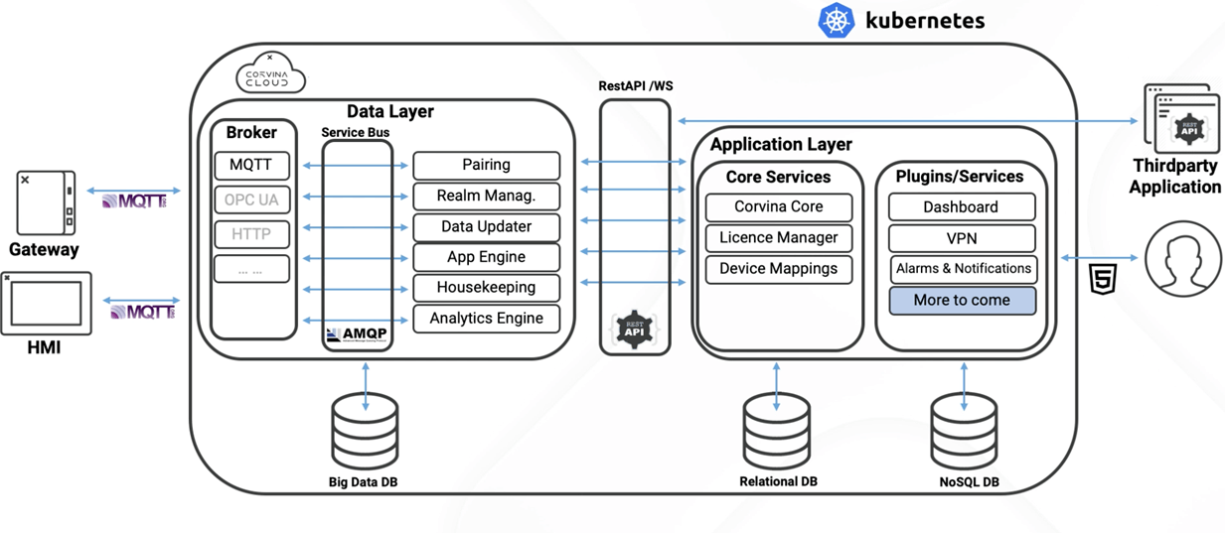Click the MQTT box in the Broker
pyautogui.click(x=251, y=165)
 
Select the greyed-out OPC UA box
pyautogui.click(x=251, y=200)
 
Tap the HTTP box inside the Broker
pyautogui.click(x=251, y=234)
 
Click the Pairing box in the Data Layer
pyautogui.click(x=486, y=165)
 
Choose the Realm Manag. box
pyautogui.click(x=486, y=196)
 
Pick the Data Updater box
pyautogui.click(x=486, y=226)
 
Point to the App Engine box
pyautogui.click(x=486, y=257)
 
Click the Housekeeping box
pyautogui.click(x=486, y=288)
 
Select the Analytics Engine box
pyautogui.click(x=486, y=319)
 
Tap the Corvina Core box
pyautogui.click(x=778, y=207)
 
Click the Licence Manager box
pyautogui.click(x=778, y=238)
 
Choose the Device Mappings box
pyautogui.click(x=778, y=269)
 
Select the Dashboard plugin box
pyautogui.click(x=961, y=207)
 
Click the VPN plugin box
pyautogui.click(x=961, y=238)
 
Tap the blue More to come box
pyautogui.click(x=961, y=300)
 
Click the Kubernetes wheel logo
pyautogui.click(x=837, y=21)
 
